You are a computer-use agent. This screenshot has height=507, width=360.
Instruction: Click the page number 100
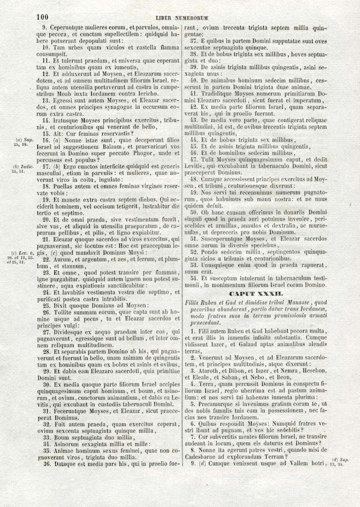coord(42,17)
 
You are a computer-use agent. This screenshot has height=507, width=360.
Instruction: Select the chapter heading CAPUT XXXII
coord(256,293)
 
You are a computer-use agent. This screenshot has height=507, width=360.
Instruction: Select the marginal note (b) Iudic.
coord(23,166)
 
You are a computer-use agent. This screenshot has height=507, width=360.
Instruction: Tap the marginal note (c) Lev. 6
coord(23,253)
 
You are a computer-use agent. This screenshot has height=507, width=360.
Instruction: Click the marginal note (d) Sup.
coord(340,460)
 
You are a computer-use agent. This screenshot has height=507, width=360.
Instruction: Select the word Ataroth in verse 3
coord(209,371)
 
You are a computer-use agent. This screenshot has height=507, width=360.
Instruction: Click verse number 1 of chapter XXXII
coord(193,331)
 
